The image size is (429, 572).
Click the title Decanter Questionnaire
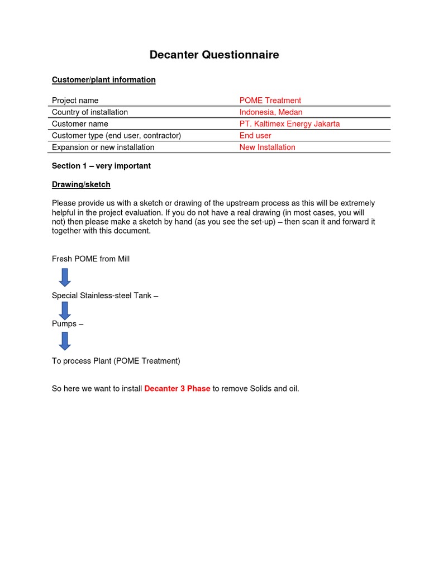click(214, 55)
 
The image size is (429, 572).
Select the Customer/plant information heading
click(103, 80)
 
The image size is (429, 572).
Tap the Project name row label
click(75, 101)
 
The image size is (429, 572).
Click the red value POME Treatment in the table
click(270, 101)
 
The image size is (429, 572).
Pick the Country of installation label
click(89, 112)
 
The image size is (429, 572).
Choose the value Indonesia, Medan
click(271, 112)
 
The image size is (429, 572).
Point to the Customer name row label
click(80, 124)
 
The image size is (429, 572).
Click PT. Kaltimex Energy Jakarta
click(289, 124)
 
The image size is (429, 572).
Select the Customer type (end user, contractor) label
click(116, 136)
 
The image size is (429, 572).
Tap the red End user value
click(255, 136)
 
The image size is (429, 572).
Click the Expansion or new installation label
click(103, 147)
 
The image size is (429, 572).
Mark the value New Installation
click(267, 147)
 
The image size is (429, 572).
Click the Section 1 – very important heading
click(101, 166)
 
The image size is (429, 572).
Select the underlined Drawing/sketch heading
click(81, 184)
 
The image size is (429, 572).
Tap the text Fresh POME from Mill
click(90, 259)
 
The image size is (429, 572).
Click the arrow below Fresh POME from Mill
click(65, 277)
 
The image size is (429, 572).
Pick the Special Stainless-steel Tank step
click(104, 295)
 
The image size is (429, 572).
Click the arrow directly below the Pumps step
click(65, 341)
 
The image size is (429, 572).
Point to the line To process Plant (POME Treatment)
click(116, 361)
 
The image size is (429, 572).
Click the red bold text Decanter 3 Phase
click(177, 389)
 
